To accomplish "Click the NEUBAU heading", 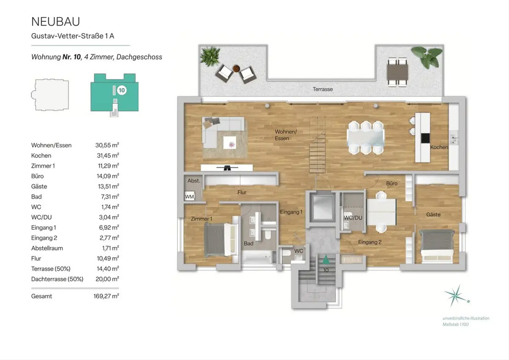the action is [56, 22].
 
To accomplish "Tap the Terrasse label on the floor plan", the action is [323, 89].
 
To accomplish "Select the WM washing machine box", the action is [189, 197].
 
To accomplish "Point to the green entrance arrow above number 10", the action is [326, 259].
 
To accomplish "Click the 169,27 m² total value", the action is [106, 296].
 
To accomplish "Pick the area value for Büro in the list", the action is [109, 176].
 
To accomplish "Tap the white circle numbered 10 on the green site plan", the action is [122, 90].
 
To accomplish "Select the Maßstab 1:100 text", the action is [456, 324].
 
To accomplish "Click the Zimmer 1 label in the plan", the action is [201, 219].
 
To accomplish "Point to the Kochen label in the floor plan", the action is [439, 147].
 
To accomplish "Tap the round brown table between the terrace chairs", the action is [236, 68].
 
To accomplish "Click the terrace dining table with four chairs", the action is [397, 72].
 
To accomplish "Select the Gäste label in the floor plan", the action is [433, 214].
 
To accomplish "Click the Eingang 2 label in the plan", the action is [370, 242].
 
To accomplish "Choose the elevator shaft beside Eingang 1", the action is [321, 208].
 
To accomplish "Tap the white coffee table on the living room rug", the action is [229, 142].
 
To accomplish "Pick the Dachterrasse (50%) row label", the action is [57, 279].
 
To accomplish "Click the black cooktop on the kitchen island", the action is [425, 138].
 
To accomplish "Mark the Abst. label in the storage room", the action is [193, 181].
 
